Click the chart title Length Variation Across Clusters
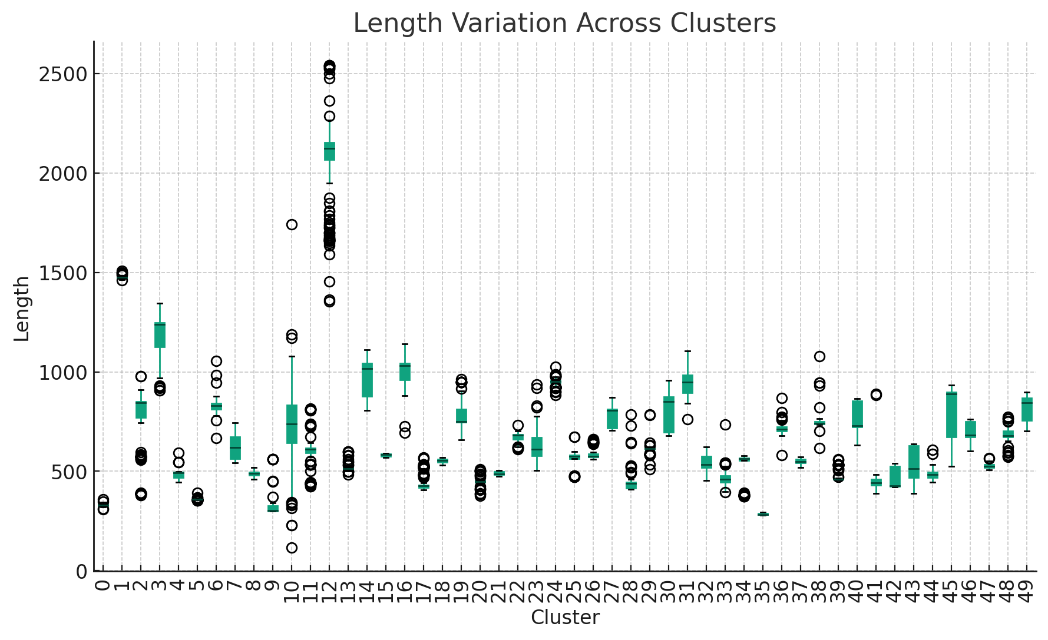point(564,24)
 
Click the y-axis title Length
point(22,309)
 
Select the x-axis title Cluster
point(565,618)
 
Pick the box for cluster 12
point(329,151)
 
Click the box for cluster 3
point(160,335)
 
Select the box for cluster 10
point(292,425)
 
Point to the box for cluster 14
point(367,380)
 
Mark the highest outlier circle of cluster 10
point(292,224)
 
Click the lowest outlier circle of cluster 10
point(292,548)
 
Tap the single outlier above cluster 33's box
point(725,425)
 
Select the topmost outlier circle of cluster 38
point(819,356)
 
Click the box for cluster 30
point(669,415)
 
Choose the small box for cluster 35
point(763,515)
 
